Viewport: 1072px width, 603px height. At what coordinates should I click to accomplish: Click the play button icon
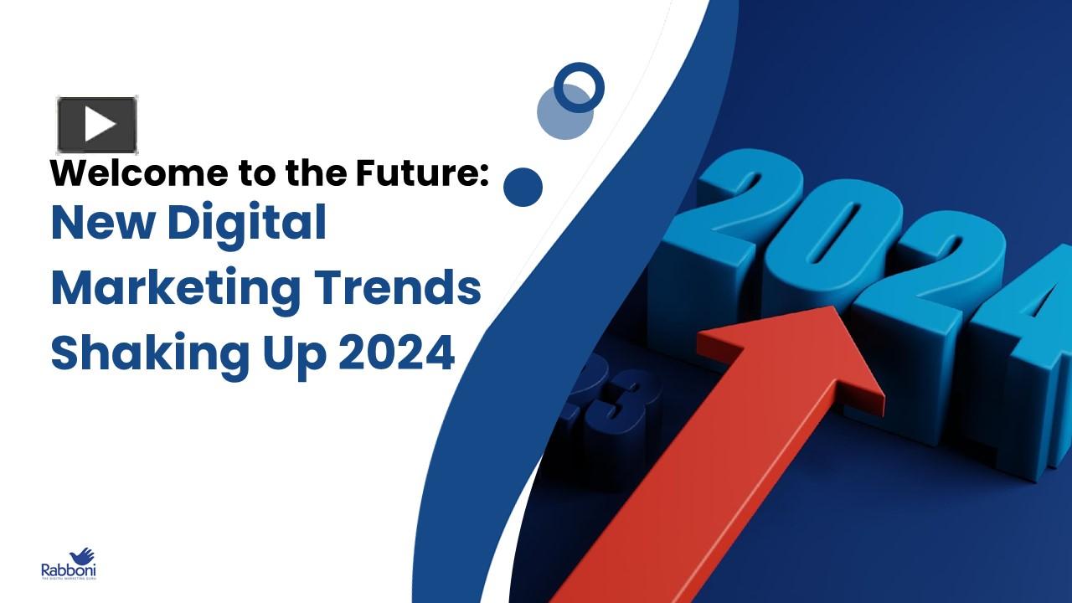click(x=97, y=125)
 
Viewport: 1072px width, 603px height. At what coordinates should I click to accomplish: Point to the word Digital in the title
click(x=246, y=224)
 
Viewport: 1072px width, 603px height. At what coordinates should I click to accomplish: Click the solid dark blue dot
click(x=523, y=187)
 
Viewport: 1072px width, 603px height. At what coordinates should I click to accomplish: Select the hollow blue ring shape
click(x=579, y=87)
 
